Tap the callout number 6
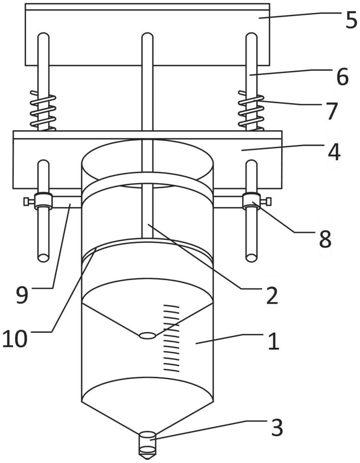point(342,77)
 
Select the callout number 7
point(332,111)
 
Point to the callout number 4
point(334,152)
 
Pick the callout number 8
point(325,238)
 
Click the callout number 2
point(272,295)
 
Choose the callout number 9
point(22,295)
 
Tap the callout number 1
point(274,341)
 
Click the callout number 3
point(277,427)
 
